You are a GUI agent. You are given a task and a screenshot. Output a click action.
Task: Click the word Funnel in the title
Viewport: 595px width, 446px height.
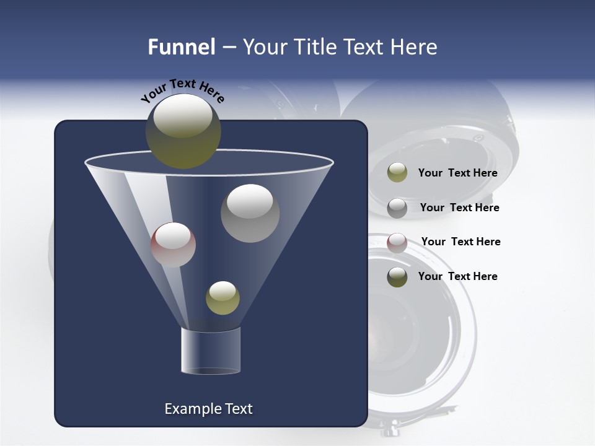tap(182, 47)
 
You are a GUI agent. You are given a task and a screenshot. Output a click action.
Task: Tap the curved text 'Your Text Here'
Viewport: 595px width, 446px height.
tap(182, 90)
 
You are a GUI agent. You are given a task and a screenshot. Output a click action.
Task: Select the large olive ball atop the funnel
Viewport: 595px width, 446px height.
tap(183, 131)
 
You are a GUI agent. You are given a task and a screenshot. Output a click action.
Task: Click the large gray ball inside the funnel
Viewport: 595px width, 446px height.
tap(250, 213)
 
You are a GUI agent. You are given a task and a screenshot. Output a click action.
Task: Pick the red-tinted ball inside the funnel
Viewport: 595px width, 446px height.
tap(173, 245)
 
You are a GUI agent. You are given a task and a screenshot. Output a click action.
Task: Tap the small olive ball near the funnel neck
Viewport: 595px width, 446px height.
tap(223, 297)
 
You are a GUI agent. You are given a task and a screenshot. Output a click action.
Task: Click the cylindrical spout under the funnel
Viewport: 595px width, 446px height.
tap(210, 351)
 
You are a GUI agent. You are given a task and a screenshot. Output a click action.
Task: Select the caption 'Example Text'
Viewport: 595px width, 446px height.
tap(208, 409)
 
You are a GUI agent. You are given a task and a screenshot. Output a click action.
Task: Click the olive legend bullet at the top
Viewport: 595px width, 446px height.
tap(397, 172)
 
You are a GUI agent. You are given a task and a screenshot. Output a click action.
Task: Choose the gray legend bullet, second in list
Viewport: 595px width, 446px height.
tap(397, 208)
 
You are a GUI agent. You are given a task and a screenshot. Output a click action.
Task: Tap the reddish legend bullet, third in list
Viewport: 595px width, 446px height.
tap(397, 242)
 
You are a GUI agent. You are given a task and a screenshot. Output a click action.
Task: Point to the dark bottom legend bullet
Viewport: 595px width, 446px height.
tap(397, 277)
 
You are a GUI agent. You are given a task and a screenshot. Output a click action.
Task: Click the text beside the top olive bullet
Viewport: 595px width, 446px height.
tap(457, 173)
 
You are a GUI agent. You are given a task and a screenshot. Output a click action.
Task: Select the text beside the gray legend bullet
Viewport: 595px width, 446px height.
tap(459, 208)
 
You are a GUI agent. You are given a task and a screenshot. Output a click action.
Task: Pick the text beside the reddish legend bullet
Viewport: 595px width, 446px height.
tap(461, 242)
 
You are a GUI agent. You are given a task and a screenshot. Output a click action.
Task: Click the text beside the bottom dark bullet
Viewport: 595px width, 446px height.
tap(457, 276)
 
